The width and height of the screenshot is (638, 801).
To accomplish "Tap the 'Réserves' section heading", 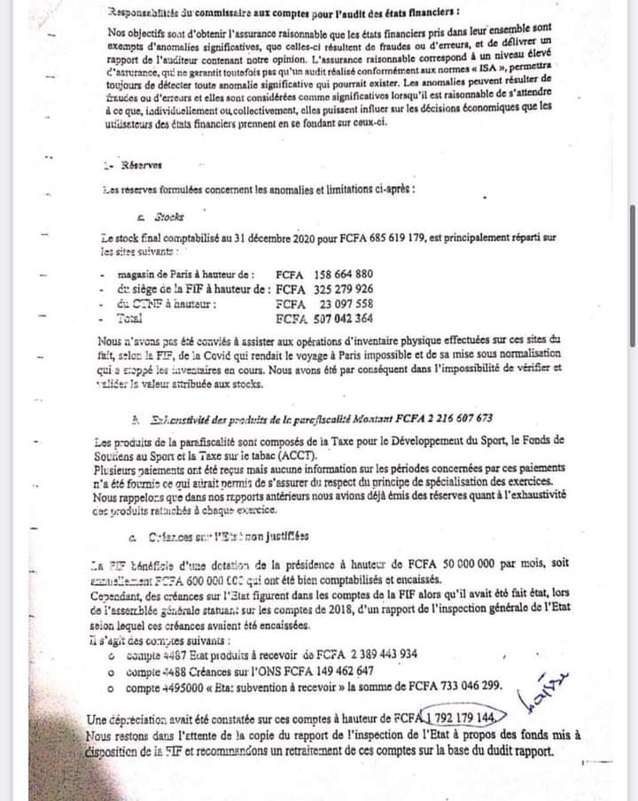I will coord(131,164).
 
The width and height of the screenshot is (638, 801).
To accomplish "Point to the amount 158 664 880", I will coord(340,274).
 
